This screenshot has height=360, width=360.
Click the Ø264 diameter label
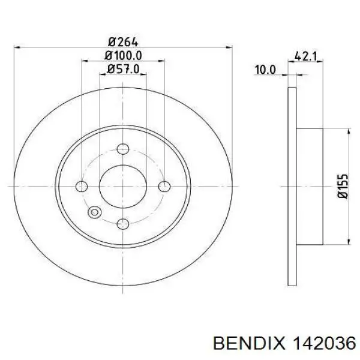pyautogui.click(x=123, y=42)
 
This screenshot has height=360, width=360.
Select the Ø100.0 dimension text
pyautogui.click(x=123, y=56)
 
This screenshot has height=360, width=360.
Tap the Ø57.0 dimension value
pyautogui.click(x=123, y=69)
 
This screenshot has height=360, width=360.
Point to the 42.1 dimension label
pyautogui.click(x=305, y=56)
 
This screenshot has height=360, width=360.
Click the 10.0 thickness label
pyautogui.click(x=265, y=70)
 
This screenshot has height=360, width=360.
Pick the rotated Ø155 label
pyautogui.click(x=343, y=186)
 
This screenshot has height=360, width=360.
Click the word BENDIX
pyautogui.click(x=249, y=344)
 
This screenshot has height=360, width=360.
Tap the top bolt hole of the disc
pyautogui.click(x=123, y=149)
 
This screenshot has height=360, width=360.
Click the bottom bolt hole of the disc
pyautogui.click(x=123, y=224)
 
